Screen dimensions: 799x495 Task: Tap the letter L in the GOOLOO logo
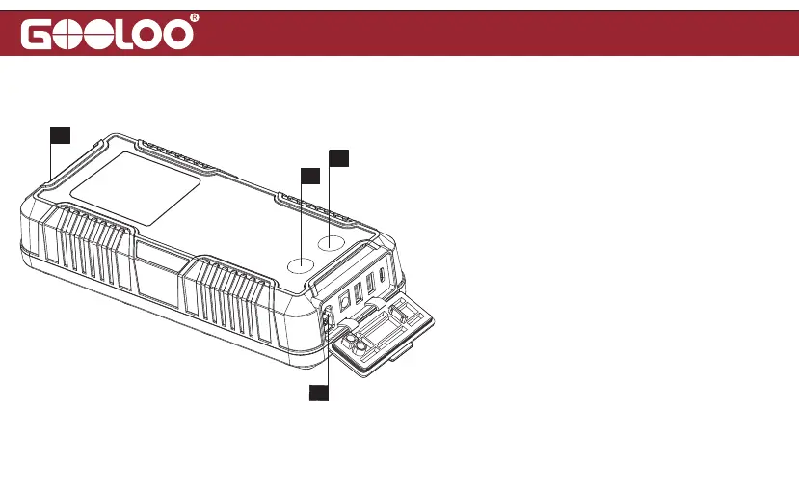pyautogui.click(x=127, y=35)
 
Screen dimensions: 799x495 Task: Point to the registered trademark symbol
pyautogui.click(x=196, y=19)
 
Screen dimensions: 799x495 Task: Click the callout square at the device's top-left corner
pyautogui.click(x=61, y=134)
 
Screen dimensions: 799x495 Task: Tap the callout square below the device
pyautogui.click(x=318, y=392)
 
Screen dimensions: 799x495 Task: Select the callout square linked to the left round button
pyautogui.click(x=308, y=176)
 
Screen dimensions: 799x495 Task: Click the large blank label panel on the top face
pyautogui.click(x=136, y=188)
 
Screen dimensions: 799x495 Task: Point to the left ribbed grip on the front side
pyautogui.click(x=91, y=249)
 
